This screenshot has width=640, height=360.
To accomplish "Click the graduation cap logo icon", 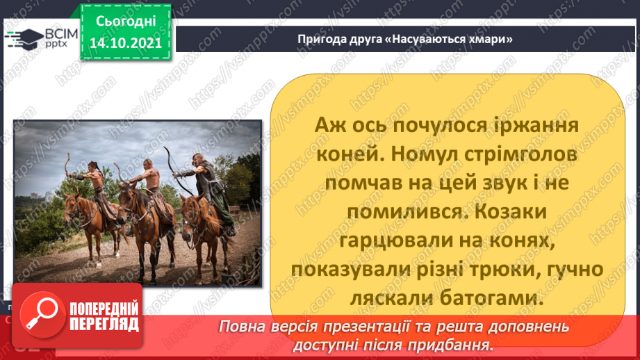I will pyautogui.click(x=21, y=38).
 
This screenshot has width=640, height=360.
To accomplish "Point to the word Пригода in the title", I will pyautogui.click(x=318, y=39).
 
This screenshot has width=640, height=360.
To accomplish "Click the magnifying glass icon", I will pyautogui.click(x=40, y=315).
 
